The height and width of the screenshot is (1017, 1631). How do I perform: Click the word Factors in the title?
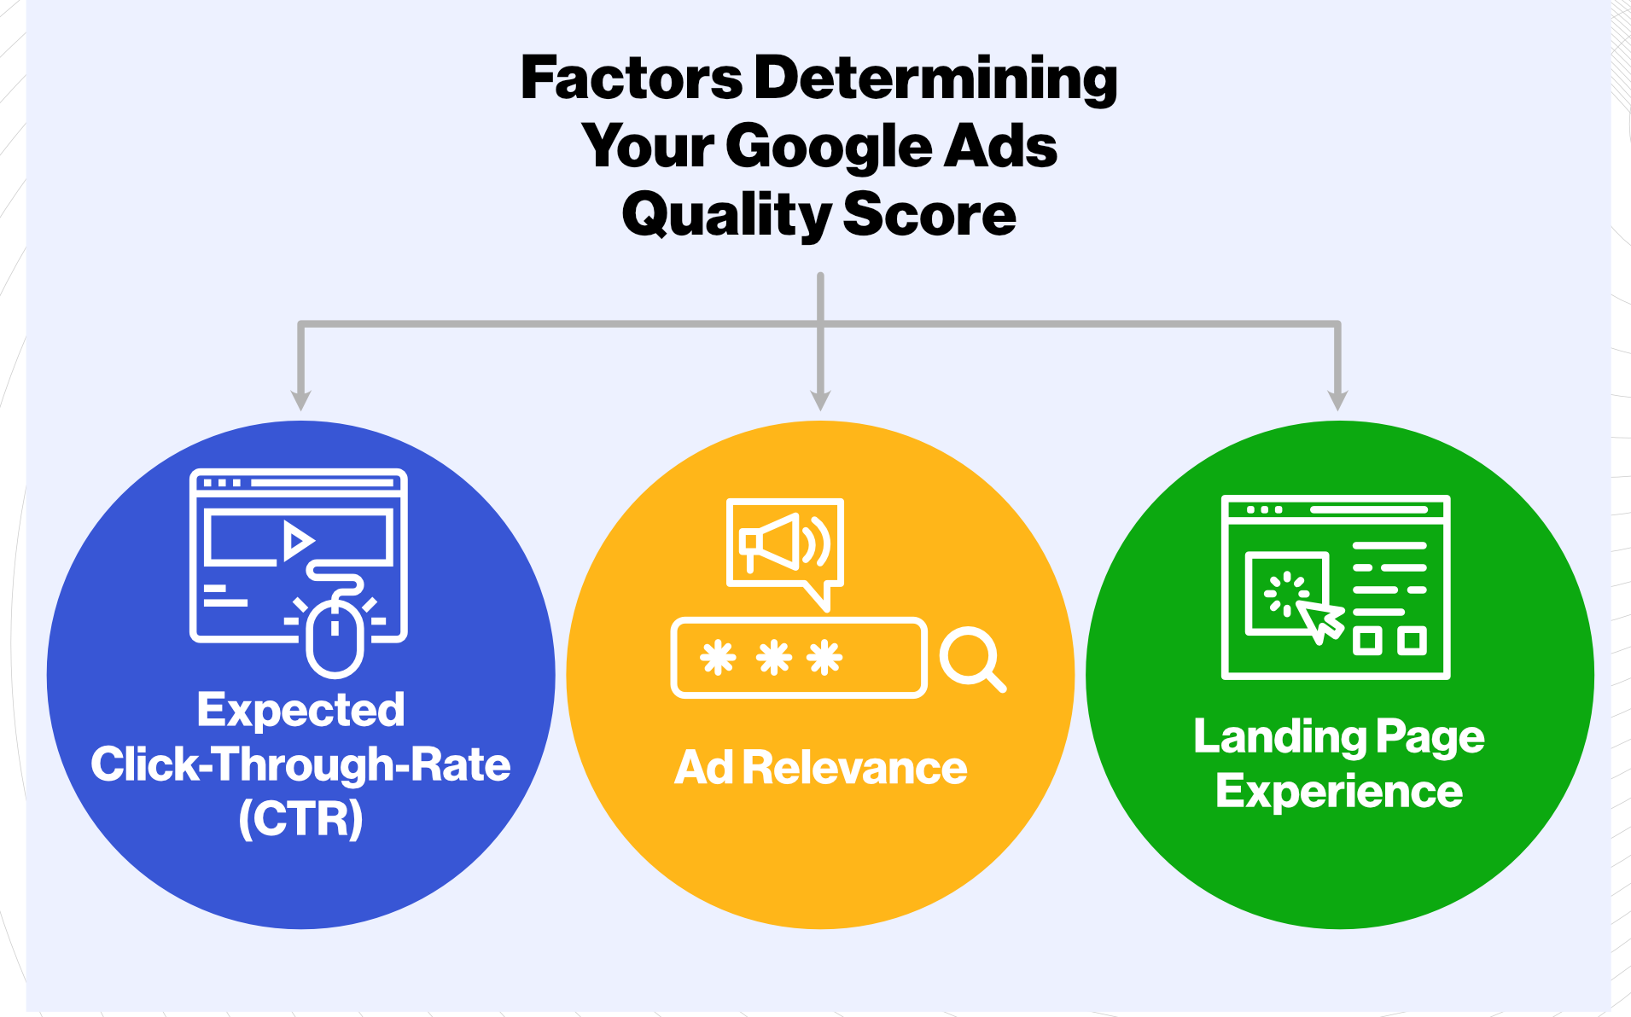point(632,78)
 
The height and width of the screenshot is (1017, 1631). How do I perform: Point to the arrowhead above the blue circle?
point(300,400)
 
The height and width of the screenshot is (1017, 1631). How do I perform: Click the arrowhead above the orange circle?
point(820,400)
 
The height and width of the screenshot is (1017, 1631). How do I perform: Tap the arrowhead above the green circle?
point(1337,400)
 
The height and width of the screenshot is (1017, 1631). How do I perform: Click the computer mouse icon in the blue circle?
point(335,636)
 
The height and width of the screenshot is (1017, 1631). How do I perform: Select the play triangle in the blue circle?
point(298,541)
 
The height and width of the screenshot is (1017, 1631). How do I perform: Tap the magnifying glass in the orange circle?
point(972,660)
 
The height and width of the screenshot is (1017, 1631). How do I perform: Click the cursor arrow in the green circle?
point(1319,620)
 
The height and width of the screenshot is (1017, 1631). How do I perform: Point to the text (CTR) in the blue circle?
point(301,818)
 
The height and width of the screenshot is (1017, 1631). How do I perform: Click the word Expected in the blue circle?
point(300,711)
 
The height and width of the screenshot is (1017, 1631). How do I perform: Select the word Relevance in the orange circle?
point(854,767)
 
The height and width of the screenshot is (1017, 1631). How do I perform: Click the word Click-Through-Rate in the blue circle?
point(300,764)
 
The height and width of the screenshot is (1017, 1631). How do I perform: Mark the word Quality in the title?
point(725,216)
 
